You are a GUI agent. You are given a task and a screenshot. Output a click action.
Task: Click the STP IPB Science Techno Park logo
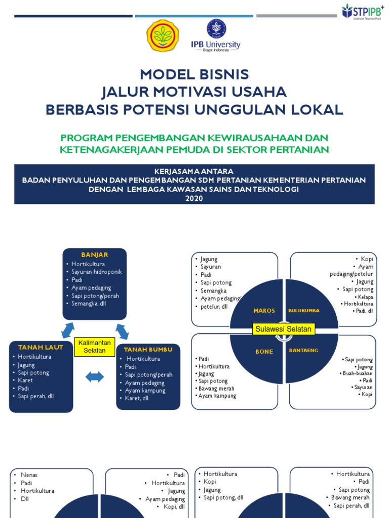362,11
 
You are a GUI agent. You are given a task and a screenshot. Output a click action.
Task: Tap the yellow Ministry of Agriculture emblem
163,35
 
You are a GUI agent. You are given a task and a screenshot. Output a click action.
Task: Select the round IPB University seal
216,29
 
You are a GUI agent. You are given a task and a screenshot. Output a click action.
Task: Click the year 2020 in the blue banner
194,198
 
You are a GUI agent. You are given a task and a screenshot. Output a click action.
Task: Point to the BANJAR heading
95,254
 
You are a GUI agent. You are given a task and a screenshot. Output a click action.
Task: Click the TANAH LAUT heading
34,347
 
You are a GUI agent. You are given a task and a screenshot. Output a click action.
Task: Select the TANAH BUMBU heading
148,349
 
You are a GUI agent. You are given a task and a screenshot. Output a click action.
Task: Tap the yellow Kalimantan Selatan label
95,347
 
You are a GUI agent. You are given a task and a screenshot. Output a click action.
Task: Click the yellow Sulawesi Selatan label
284,329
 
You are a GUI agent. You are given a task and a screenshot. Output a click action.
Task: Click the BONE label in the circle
264,351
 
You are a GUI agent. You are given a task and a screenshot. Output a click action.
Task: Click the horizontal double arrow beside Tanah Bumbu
95,377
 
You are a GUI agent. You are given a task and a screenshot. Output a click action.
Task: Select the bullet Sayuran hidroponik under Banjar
97,272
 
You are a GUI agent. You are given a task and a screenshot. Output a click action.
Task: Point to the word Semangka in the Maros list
214,291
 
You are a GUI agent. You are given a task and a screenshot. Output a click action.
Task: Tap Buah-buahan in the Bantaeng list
359,373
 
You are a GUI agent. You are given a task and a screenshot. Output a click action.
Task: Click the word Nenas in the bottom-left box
29,475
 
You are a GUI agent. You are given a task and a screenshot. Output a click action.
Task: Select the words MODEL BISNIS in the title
194,74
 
